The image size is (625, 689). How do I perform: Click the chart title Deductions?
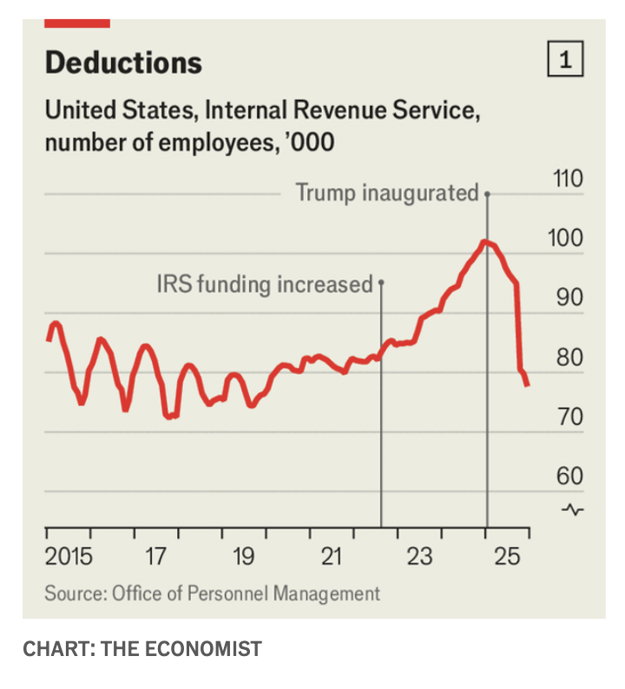tap(123, 62)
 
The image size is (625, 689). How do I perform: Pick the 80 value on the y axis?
tap(568, 358)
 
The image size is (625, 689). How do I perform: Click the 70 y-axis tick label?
tap(568, 417)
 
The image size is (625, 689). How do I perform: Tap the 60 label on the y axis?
tap(568, 476)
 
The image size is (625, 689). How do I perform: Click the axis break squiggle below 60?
tap(574, 509)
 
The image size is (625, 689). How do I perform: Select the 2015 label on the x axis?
tap(69, 556)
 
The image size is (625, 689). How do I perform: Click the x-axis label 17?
tap(155, 556)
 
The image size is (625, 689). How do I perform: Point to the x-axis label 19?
tap(243, 556)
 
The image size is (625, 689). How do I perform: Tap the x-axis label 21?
tap(331, 556)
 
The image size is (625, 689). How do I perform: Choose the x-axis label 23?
tap(419, 556)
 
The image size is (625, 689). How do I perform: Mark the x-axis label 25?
tap(508, 556)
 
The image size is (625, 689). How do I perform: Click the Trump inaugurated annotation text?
tap(387, 192)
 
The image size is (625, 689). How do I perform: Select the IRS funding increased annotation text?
tap(264, 284)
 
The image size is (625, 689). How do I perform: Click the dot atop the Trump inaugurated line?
tap(487, 194)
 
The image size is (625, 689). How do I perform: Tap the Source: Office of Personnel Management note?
tap(213, 594)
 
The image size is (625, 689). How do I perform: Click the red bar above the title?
tap(77, 23)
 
